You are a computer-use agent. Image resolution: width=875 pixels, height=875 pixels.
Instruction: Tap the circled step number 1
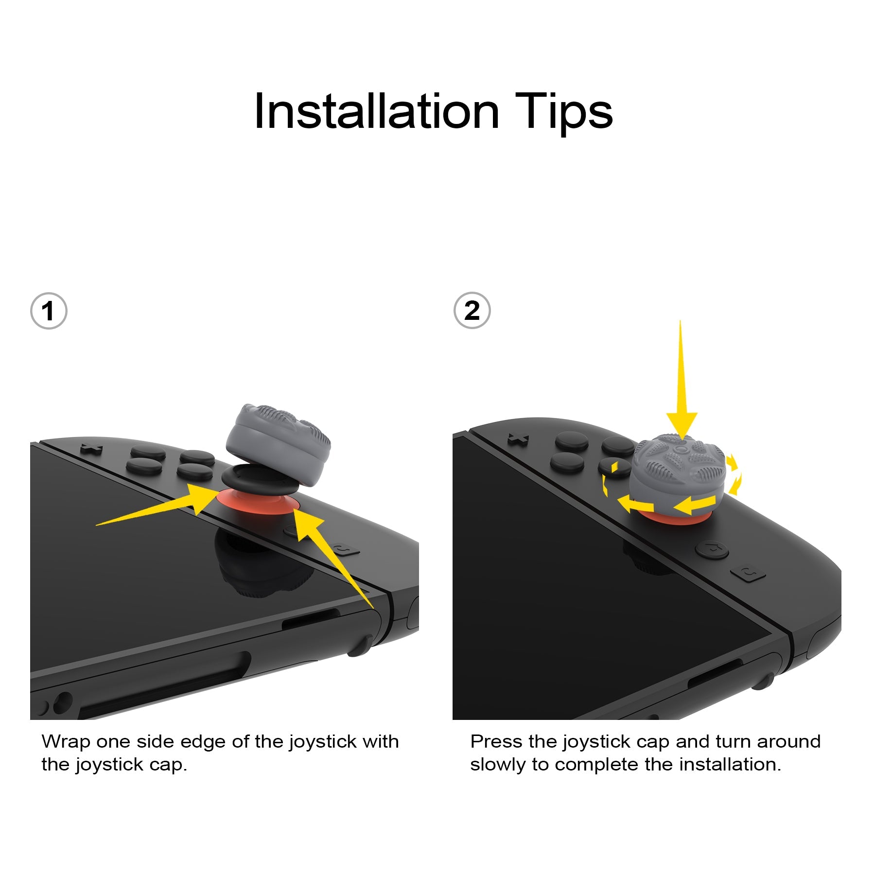point(48,311)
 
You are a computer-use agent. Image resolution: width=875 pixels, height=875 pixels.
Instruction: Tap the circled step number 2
point(472,311)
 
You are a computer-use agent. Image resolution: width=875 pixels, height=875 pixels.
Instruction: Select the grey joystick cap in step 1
point(278,445)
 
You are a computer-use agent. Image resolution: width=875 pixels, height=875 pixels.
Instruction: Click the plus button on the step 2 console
point(518,439)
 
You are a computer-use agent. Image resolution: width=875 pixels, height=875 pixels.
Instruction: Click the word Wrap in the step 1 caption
point(66,742)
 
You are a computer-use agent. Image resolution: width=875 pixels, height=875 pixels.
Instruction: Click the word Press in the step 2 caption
point(496,742)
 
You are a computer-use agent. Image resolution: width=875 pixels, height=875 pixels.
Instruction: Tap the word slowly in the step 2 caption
point(498,765)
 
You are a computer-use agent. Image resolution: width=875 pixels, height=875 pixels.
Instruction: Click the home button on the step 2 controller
point(711,549)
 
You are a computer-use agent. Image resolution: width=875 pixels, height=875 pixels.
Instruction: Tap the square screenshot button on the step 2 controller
point(748,574)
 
